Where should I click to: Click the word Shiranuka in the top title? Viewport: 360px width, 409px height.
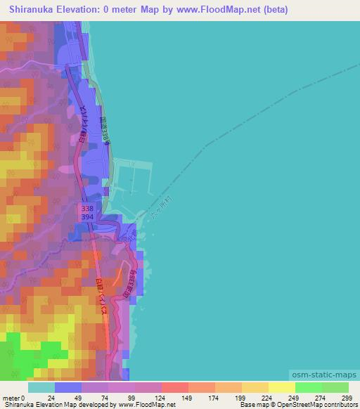click(x=34, y=10)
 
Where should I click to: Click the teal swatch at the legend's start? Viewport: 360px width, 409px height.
click(x=41, y=387)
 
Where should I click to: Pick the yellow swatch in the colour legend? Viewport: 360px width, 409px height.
click(x=281, y=387)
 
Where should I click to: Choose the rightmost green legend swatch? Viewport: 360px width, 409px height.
click(x=335, y=387)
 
